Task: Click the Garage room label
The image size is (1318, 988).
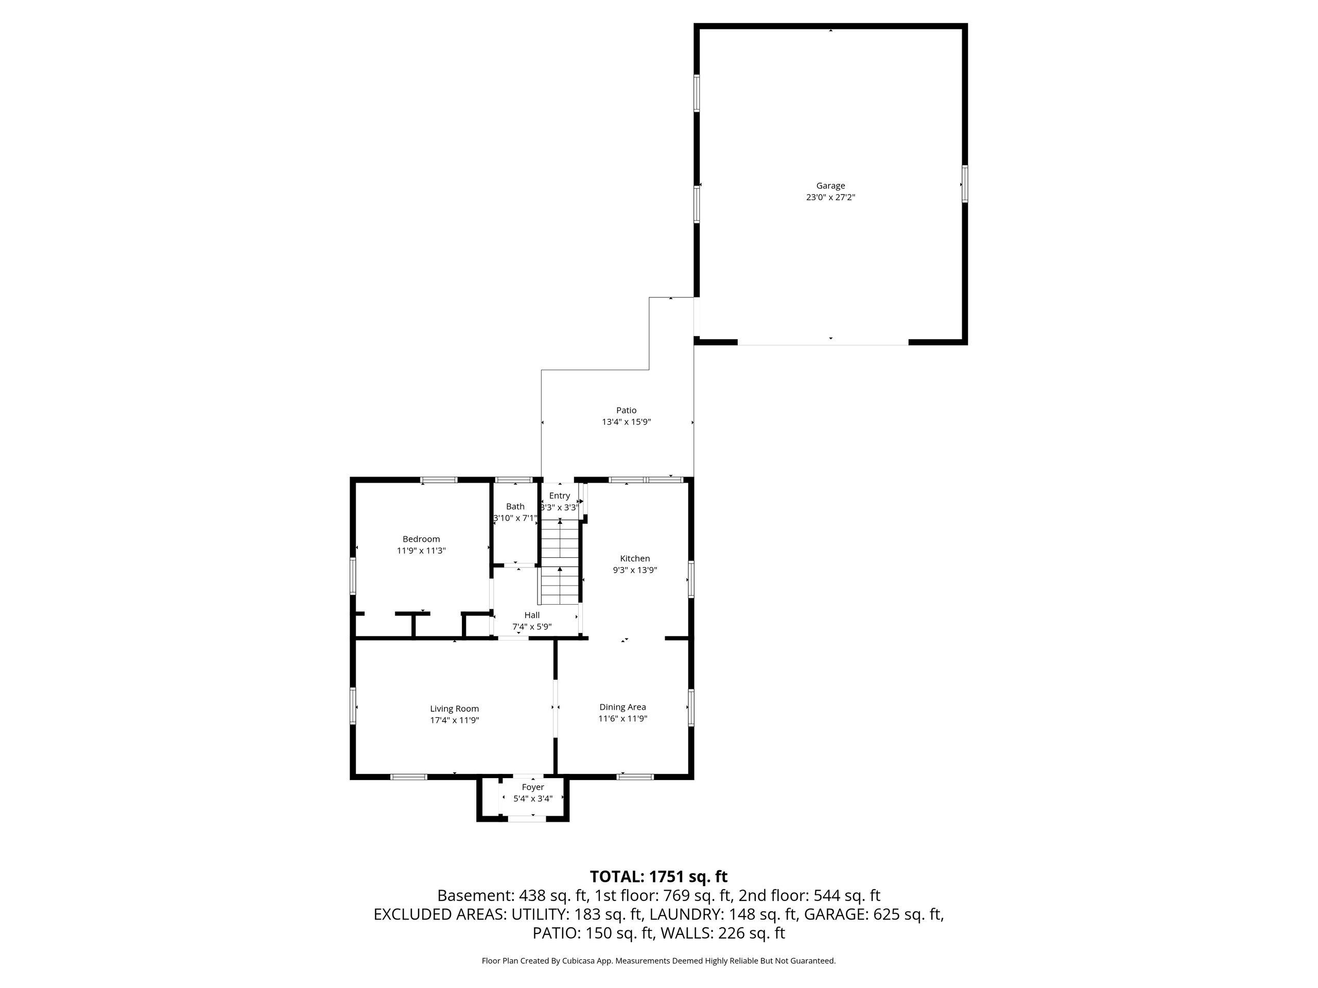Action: (830, 186)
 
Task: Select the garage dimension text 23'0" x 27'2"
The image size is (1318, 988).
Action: (830, 197)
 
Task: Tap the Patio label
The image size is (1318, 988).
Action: (626, 410)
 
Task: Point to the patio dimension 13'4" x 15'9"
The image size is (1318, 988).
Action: (626, 421)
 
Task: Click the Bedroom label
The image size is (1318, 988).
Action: (421, 539)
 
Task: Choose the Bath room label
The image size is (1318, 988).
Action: (515, 507)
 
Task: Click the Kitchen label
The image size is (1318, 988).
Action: (635, 559)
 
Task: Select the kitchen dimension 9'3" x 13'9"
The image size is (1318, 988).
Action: (635, 570)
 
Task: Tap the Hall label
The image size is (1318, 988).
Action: (532, 615)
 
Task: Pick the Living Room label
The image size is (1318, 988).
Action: (455, 709)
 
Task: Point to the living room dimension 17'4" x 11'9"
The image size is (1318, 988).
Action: (455, 720)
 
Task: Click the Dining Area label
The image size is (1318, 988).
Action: (622, 707)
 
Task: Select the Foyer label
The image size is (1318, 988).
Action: (533, 787)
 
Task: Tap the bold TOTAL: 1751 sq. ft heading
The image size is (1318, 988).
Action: (658, 877)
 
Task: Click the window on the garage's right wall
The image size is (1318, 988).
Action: (964, 185)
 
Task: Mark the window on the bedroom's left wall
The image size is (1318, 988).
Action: (353, 576)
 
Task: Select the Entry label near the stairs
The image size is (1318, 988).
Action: (560, 496)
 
